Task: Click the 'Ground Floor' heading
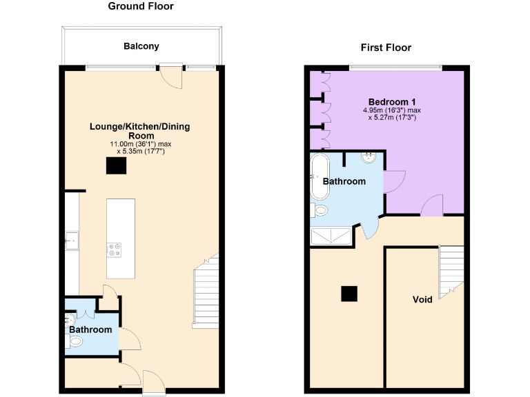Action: [141, 7]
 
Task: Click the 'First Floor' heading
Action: [386, 48]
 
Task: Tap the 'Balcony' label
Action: [141, 46]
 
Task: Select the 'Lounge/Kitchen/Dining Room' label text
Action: [140, 131]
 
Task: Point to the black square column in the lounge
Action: [116, 166]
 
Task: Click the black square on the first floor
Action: [349, 294]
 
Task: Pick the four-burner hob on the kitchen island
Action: [113, 250]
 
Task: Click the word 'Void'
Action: [422, 300]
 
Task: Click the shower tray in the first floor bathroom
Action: [331, 237]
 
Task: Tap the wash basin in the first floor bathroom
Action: [369, 157]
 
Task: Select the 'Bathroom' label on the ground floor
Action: [90, 330]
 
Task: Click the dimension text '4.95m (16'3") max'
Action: [391, 110]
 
